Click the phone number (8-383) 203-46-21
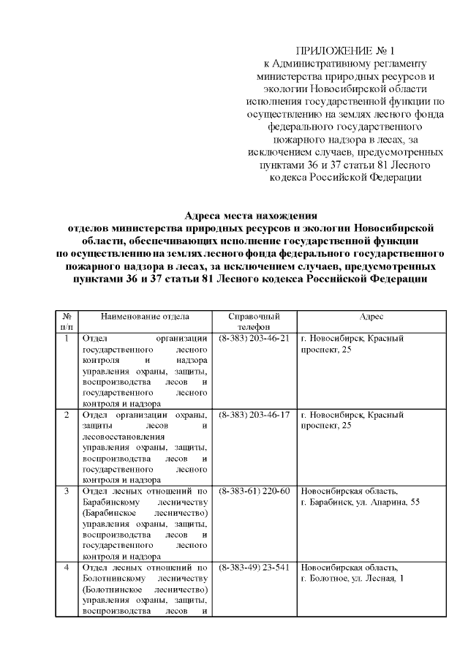coord(254,339)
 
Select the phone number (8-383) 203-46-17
coord(254,415)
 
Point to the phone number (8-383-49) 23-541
coord(254,567)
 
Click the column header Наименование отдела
coord(145,316)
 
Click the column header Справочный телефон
coord(254,322)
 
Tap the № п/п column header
coord(66,322)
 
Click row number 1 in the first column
coord(66,339)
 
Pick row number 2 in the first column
coord(66,415)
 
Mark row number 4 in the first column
coord(66,567)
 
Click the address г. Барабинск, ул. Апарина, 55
coord(360,502)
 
